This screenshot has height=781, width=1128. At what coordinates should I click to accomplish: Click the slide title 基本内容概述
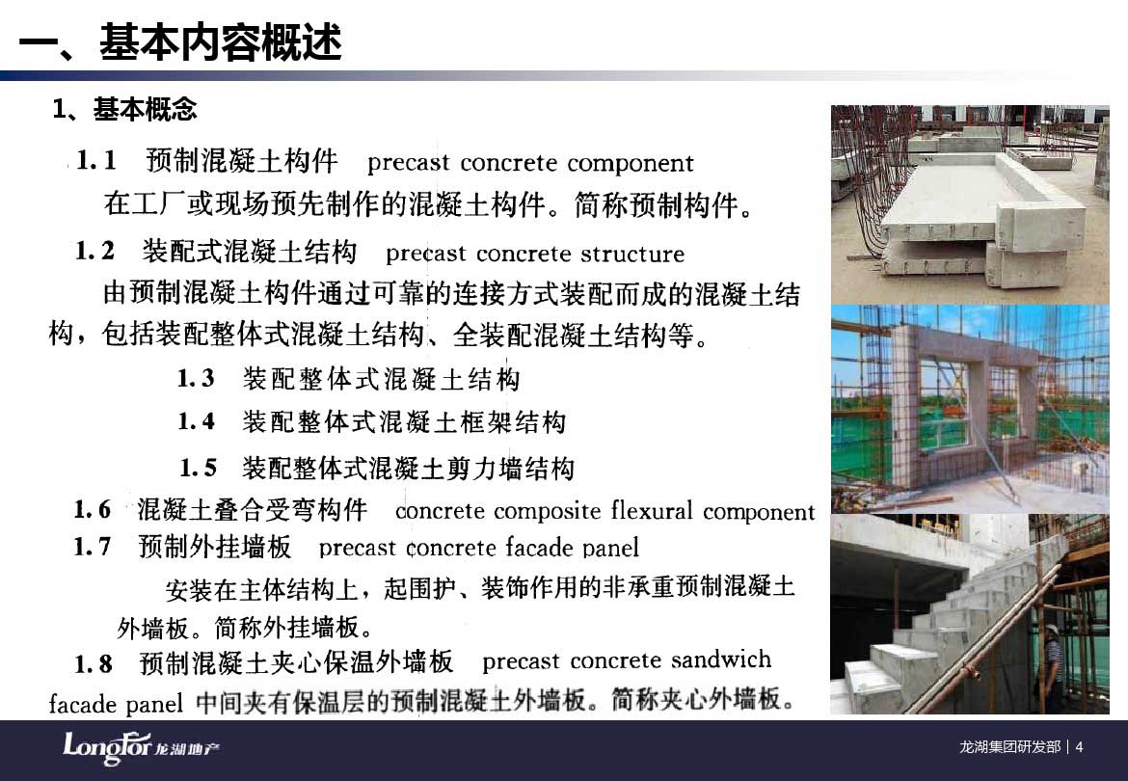tap(220, 42)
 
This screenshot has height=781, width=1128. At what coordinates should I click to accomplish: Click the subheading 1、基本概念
tap(123, 109)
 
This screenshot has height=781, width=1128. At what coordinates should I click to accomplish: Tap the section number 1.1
tap(96, 160)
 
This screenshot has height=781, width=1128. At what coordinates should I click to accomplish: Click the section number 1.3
tap(197, 378)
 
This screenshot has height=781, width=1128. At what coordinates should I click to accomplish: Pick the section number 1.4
tap(197, 421)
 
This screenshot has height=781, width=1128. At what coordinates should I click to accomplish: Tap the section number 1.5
tap(198, 469)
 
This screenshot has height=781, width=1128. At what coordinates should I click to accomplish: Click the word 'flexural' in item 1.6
tap(651, 511)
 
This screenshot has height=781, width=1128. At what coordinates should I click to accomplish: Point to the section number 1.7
tap(93, 548)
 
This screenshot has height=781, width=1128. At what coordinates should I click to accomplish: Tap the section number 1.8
tap(94, 663)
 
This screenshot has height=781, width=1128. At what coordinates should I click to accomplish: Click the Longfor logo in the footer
tap(141, 748)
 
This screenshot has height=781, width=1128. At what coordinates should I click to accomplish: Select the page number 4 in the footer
tap(1079, 747)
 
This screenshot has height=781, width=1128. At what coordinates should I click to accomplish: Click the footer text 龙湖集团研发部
tap(1010, 747)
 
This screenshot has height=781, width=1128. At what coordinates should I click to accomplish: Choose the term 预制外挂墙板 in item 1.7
tap(214, 548)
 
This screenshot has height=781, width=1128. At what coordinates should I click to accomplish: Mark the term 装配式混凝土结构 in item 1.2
tap(250, 252)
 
